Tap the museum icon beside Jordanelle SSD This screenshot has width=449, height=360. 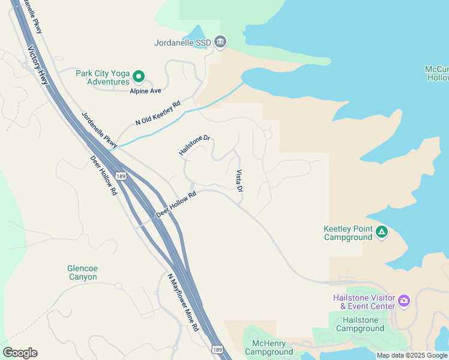[x=220, y=41]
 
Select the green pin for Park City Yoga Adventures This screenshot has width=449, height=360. [x=139, y=76]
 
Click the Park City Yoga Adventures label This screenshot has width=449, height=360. [x=103, y=77]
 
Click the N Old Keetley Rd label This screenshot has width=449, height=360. [x=158, y=113]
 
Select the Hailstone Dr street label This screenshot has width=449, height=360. [x=194, y=145]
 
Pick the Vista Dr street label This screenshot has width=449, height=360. [x=239, y=181]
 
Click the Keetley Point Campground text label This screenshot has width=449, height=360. [x=349, y=233]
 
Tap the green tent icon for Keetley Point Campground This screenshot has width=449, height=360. [x=382, y=232]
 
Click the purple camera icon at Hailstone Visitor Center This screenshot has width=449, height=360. [x=404, y=300]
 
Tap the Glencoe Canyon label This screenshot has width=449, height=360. [x=83, y=272]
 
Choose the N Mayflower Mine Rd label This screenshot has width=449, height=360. [x=182, y=302]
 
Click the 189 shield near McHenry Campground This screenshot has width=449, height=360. [x=217, y=349]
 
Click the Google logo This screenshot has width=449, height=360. [x=20, y=353]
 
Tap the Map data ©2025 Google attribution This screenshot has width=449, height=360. [x=412, y=355]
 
